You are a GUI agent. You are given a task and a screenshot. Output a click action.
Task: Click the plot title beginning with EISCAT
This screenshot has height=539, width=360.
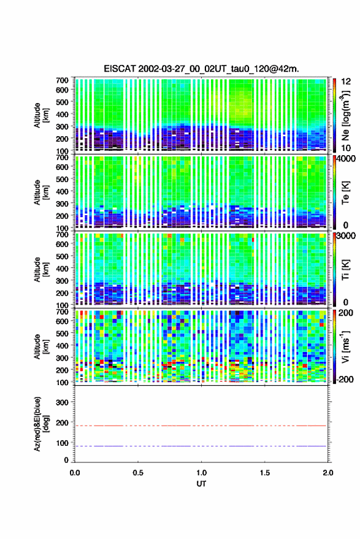(201, 69)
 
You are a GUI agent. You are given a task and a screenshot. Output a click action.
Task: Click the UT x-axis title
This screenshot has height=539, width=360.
(201, 484)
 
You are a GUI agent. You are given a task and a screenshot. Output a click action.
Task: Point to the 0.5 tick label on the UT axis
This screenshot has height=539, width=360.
(138, 473)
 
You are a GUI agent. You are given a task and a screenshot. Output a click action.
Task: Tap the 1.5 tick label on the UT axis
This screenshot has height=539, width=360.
(265, 473)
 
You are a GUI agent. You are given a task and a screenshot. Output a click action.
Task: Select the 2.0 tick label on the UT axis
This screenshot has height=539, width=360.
(328, 473)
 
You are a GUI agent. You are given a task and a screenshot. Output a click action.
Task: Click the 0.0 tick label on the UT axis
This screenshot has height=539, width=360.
(75, 473)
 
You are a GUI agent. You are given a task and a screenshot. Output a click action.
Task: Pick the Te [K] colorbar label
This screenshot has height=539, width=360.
(345, 193)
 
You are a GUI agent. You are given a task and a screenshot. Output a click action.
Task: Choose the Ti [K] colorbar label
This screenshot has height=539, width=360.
(345, 270)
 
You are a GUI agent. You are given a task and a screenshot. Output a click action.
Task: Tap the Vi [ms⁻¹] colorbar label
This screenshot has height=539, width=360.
(345, 346)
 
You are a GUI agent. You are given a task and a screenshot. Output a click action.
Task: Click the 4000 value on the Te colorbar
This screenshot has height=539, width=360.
(346, 159)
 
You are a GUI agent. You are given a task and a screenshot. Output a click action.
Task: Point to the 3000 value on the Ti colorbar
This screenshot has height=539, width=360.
(346, 236)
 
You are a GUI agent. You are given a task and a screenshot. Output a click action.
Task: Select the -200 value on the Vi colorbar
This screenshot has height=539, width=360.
(344, 379)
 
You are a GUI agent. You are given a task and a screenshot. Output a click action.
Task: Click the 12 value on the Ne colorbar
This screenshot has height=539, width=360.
(347, 82)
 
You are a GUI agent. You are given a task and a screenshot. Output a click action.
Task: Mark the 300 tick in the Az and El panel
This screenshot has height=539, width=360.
(62, 402)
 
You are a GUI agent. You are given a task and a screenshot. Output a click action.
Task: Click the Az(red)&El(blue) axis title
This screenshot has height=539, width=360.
(40, 424)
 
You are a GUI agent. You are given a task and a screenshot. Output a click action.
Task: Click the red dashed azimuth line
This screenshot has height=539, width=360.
(201, 426)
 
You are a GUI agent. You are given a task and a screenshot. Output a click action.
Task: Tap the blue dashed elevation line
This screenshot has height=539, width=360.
(201, 446)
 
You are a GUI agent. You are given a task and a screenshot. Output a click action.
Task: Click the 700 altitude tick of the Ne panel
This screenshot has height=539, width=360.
(62, 80)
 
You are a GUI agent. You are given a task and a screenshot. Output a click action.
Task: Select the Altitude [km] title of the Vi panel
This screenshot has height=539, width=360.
(40, 346)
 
